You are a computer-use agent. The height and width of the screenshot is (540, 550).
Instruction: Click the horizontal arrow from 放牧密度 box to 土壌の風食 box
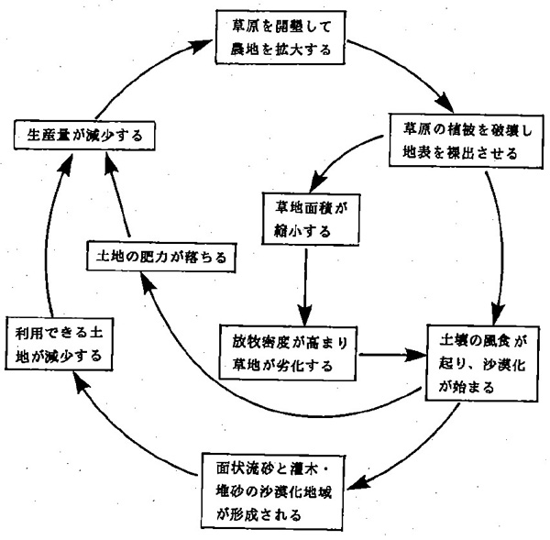tap(392, 353)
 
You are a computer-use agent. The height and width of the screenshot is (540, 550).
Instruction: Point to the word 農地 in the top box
tap(242, 49)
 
